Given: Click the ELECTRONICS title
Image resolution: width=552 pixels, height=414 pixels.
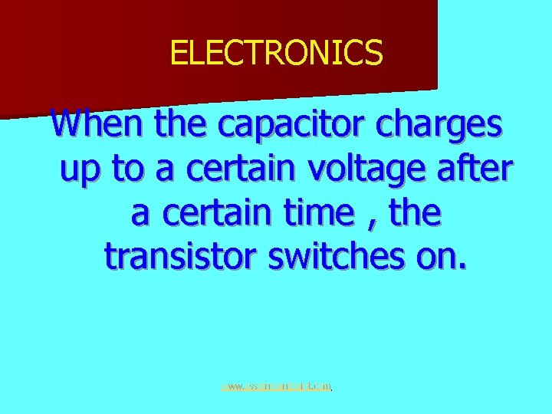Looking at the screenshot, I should (276, 52).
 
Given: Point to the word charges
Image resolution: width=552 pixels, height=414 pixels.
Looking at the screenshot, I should (445, 125).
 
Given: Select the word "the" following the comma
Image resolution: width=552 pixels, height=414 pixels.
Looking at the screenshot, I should (415, 213).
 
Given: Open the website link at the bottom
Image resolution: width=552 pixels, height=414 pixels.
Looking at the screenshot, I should (276, 387).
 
